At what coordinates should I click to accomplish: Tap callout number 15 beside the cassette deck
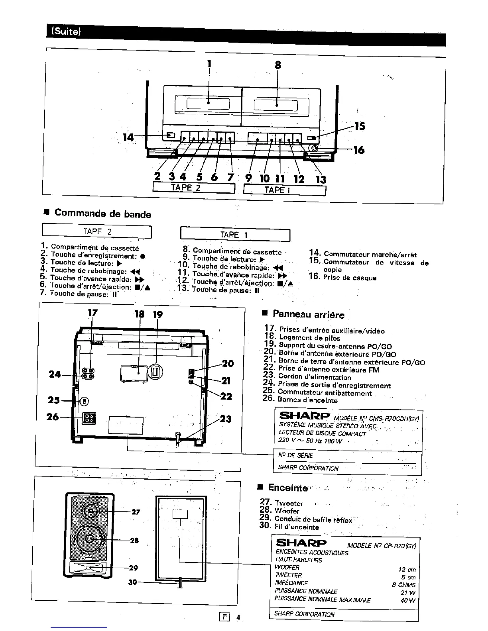click(359, 126)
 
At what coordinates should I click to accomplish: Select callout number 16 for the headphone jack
click(359, 150)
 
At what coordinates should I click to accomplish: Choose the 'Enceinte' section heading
click(288, 488)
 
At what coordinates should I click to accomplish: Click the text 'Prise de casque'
click(350, 278)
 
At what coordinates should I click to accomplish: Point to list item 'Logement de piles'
click(309, 338)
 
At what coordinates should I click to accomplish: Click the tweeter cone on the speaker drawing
click(91, 511)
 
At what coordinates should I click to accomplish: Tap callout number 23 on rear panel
click(226, 419)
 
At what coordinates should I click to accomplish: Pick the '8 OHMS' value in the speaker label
click(403, 585)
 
